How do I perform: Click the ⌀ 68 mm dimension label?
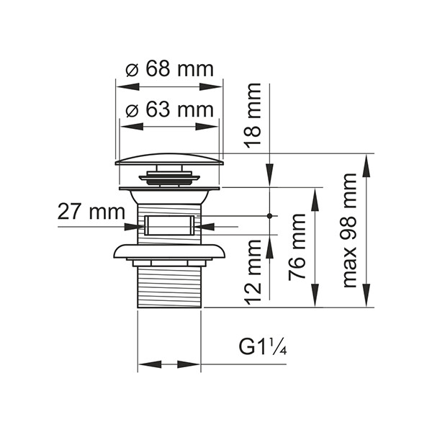pos(170,69)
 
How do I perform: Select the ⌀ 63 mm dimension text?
pos(170,110)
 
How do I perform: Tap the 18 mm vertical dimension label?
pos(253,115)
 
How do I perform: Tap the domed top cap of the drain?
pos(170,159)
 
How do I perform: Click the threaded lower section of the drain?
pos(170,284)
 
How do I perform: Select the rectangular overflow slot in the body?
pos(170,224)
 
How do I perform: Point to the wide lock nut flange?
pos(170,251)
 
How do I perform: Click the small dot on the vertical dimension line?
pos(269,215)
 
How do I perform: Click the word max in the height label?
pos(350,267)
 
